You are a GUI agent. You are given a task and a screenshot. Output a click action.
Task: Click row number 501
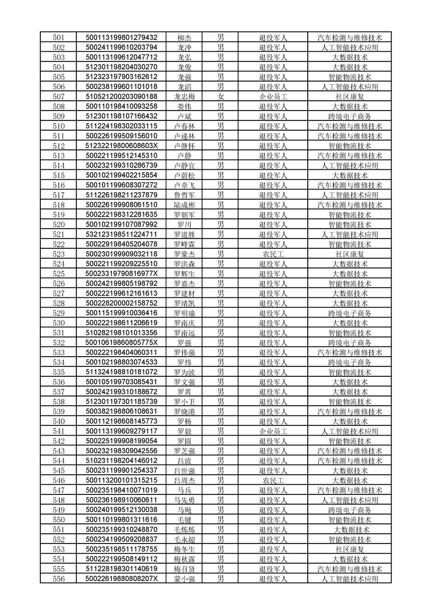click(59, 38)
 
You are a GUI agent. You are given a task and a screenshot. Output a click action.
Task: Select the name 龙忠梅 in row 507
click(184, 97)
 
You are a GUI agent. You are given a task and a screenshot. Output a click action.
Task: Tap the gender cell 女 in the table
click(221, 97)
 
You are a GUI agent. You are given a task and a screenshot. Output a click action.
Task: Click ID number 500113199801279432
click(122, 38)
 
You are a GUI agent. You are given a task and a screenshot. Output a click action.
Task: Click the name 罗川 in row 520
click(184, 225)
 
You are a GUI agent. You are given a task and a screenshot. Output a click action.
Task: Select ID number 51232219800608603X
click(122, 146)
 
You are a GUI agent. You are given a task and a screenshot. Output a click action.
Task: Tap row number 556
click(59, 579)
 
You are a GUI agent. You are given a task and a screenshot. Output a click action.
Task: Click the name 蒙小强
click(184, 579)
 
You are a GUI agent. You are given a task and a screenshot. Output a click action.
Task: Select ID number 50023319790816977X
click(122, 274)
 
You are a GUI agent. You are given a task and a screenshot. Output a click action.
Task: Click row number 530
click(59, 323)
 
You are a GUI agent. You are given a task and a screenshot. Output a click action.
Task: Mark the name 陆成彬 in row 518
click(184, 205)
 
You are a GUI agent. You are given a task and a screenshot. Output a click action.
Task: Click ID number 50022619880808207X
click(122, 579)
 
